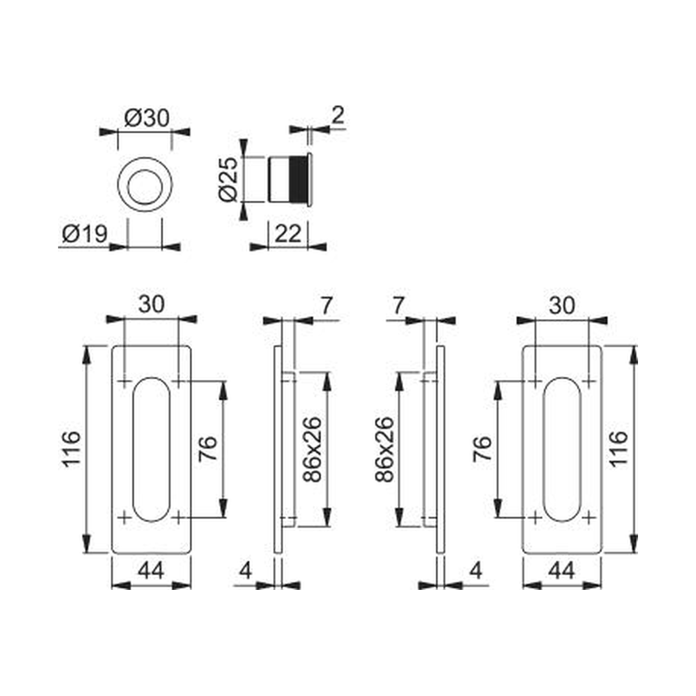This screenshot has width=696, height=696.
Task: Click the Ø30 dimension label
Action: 147,118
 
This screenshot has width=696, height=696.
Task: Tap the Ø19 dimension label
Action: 85,234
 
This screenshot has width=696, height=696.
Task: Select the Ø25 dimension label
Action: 229,179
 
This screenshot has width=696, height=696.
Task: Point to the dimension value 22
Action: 288,234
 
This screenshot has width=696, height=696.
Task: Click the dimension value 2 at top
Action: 338,115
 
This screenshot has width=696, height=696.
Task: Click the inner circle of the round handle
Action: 145,184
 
